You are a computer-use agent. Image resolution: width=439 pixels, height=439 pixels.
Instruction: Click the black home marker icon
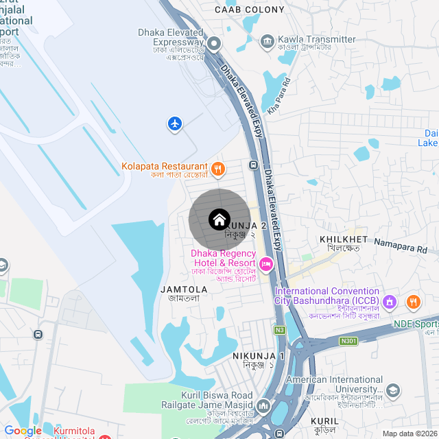coord(219,219)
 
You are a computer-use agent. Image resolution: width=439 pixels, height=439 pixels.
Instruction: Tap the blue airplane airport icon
coord(176,123)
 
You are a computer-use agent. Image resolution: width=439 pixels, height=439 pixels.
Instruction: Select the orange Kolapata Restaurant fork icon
coord(217,167)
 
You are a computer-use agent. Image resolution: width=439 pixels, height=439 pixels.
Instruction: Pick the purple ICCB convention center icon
coord(389,300)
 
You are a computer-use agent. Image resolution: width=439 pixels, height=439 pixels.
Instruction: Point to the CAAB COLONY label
coord(249,10)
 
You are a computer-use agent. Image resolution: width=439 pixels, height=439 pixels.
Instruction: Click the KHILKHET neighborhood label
coord(344,239)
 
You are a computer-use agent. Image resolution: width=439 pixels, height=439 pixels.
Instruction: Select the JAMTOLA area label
coord(183,290)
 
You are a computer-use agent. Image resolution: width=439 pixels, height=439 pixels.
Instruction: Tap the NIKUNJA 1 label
coord(258,357)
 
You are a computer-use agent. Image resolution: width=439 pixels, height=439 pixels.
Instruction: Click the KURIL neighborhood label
coord(324,420)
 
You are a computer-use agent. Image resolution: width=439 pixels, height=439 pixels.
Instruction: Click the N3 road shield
coord(279,329)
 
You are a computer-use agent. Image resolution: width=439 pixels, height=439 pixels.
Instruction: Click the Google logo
coord(23,430)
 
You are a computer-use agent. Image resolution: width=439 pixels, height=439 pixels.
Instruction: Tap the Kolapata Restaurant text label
coord(165,166)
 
